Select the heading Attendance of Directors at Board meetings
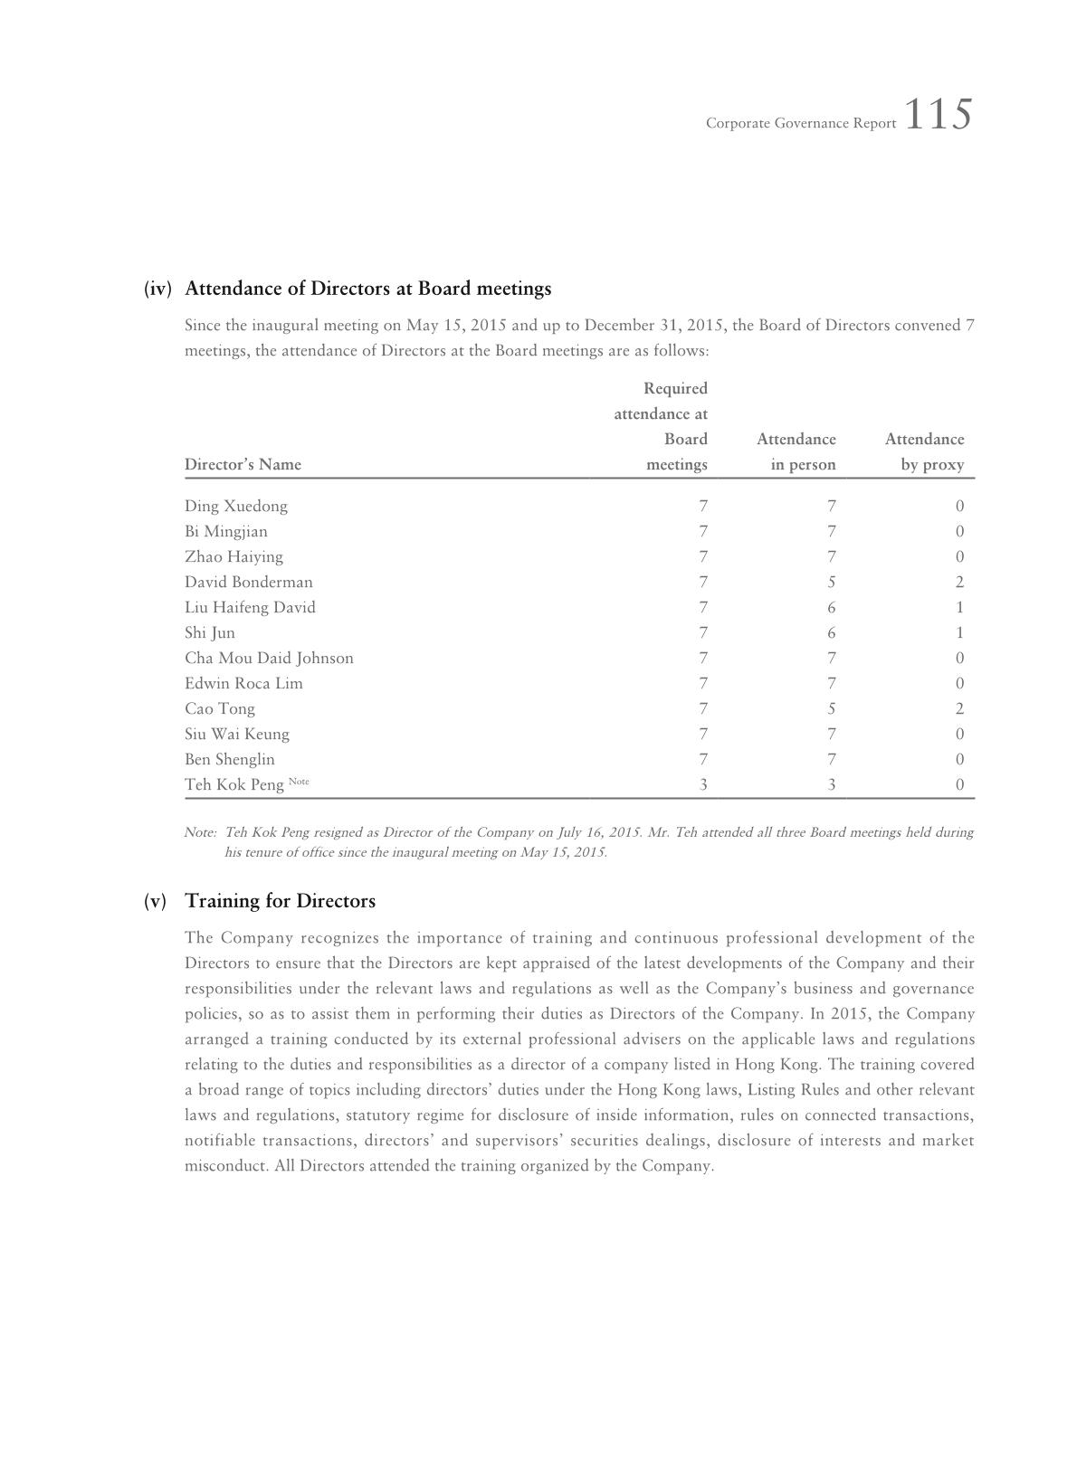pyautogui.click(x=367, y=289)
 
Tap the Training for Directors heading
pyautogui.click(x=280, y=901)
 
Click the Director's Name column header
pyautogui.click(x=243, y=464)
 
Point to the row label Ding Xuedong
pyautogui.click(x=236, y=506)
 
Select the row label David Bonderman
pyautogui.click(x=249, y=582)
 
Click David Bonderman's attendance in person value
pyautogui.click(x=831, y=582)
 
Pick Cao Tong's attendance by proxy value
pyautogui.click(x=959, y=708)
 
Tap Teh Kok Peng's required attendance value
pyautogui.click(x=703, y=784)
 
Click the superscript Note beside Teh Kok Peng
pyautogui.click(x=299, y=781)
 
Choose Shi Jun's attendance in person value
pyautogui.click(x=831, y=632)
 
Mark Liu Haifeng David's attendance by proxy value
pyautogui.click(x=959, y=607)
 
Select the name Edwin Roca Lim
pyautogui.click(x=243, y=683)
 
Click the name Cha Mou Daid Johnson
pyautogui.click(x=269, y=658)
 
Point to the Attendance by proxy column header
pyautogui.click(x=924, y=451)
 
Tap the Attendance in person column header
pyautogui.click(x=796, y=451)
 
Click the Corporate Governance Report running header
pyautogui.click(x=801, y=123)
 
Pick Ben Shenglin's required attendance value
pyautogui.click(x=703, y=759)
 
